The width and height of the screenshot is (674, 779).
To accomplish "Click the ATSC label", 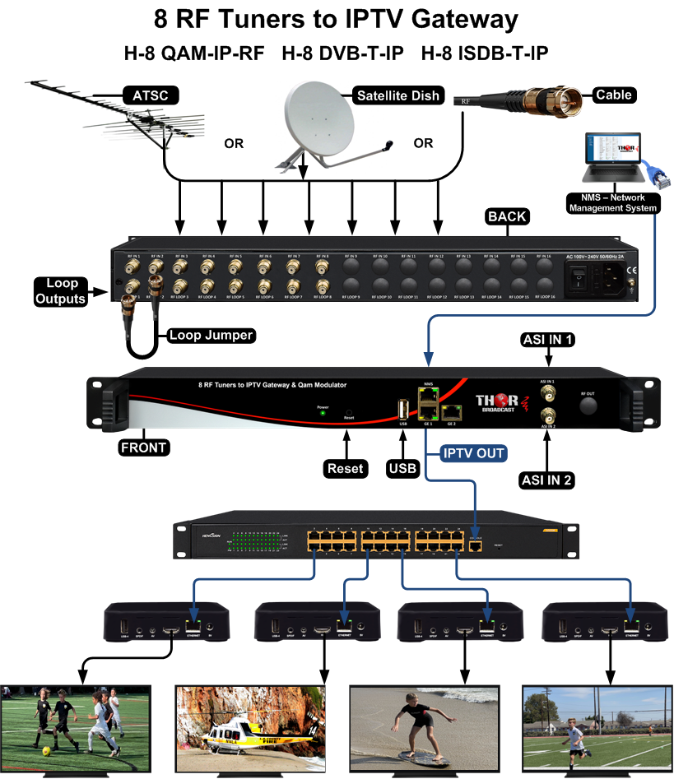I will (x=150, y=95).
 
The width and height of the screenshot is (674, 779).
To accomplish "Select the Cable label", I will (x=613, y=95).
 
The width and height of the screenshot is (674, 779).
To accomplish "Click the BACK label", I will (x=507, y=217).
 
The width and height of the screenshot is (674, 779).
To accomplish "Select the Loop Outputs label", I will (x=59, y=291).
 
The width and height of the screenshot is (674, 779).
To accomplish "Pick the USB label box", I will (x=402, y=469).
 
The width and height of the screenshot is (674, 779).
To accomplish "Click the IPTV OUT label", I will (x=472, y=452).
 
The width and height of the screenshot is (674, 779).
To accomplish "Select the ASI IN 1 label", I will (x=546, y=340).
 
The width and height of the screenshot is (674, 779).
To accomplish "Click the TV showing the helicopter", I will (x=251, y=728).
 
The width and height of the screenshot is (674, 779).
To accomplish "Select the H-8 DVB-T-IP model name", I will (x=342, y=54).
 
